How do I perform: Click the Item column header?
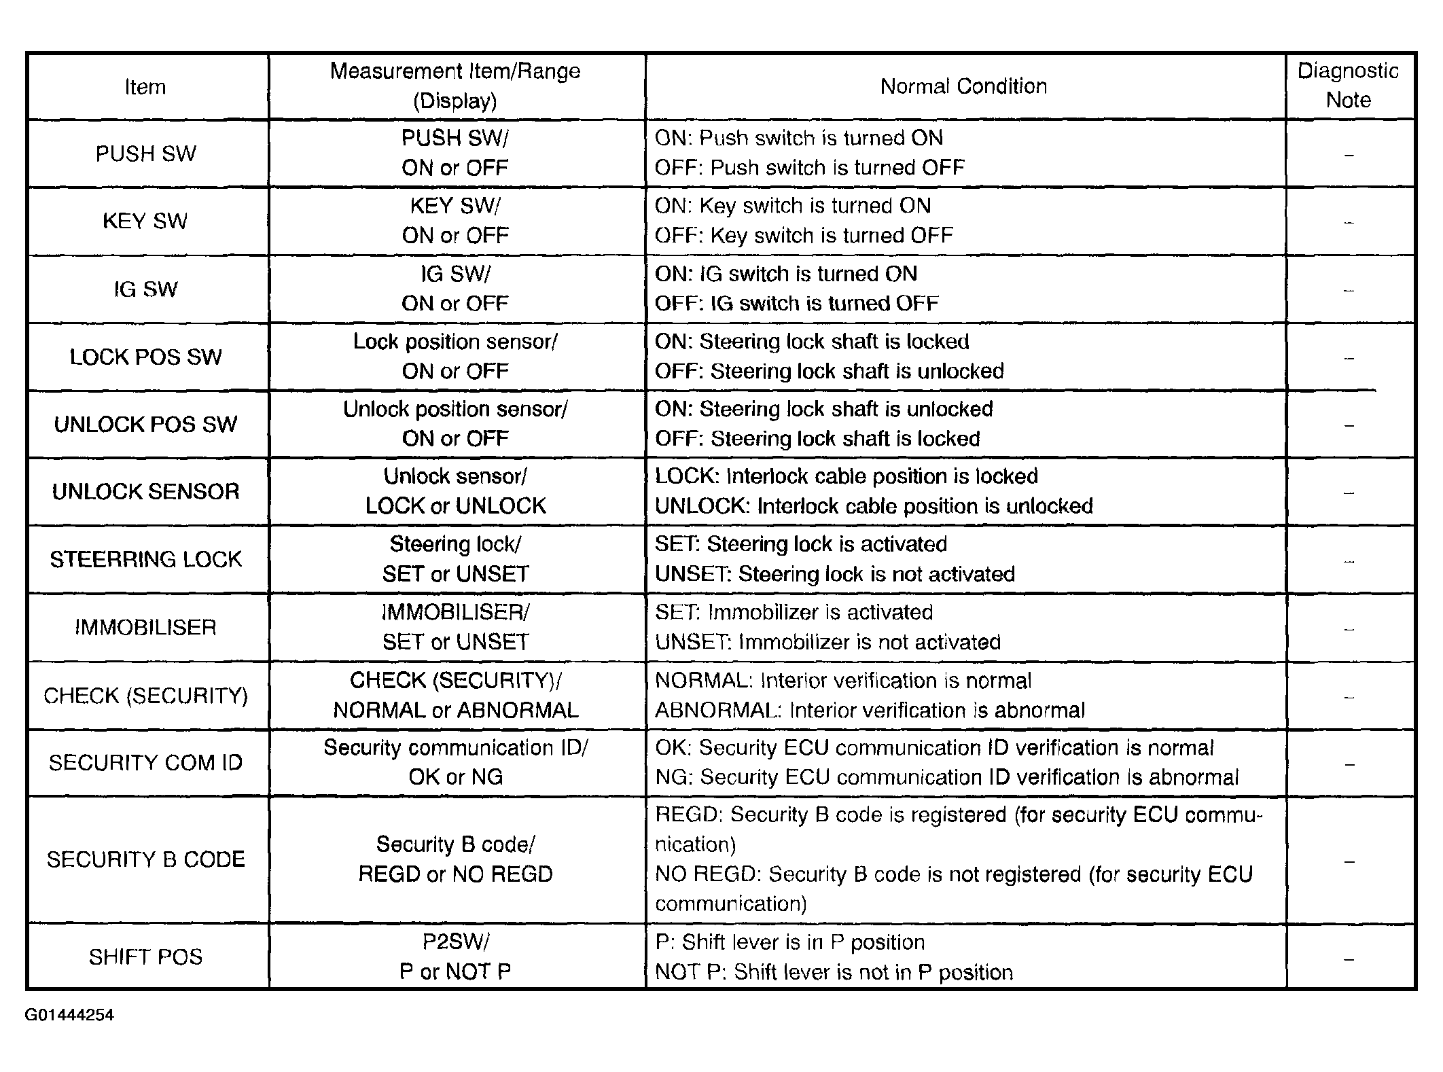tap(145, 87)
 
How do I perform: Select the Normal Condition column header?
tap(963, 86)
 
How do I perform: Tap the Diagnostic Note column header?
tap(1348, 86)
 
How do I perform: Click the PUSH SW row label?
tap(145, 154)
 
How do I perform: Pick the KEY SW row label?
tap(145, 221)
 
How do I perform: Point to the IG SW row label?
tap(145, 289)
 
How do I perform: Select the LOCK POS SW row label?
tap(145, 357)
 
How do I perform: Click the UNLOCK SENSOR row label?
tap(145, 491)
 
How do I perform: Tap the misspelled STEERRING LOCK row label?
tap(145, 559)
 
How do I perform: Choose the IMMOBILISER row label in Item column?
tap(145, 627)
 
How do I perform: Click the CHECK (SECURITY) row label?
tap(145, 696)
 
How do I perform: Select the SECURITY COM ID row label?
tap(145, 762)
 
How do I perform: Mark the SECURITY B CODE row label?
tap(145, 859)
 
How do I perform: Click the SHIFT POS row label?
tap(145, 957)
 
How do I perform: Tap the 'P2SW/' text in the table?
tap(455, 942)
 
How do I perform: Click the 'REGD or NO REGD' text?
tap(455, 874)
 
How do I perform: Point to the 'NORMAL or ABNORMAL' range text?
tap(455, 711)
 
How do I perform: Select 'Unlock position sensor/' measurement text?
tap(455, 409)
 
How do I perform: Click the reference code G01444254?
tap(69, 1015)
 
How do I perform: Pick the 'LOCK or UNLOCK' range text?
tap(455, 506)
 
